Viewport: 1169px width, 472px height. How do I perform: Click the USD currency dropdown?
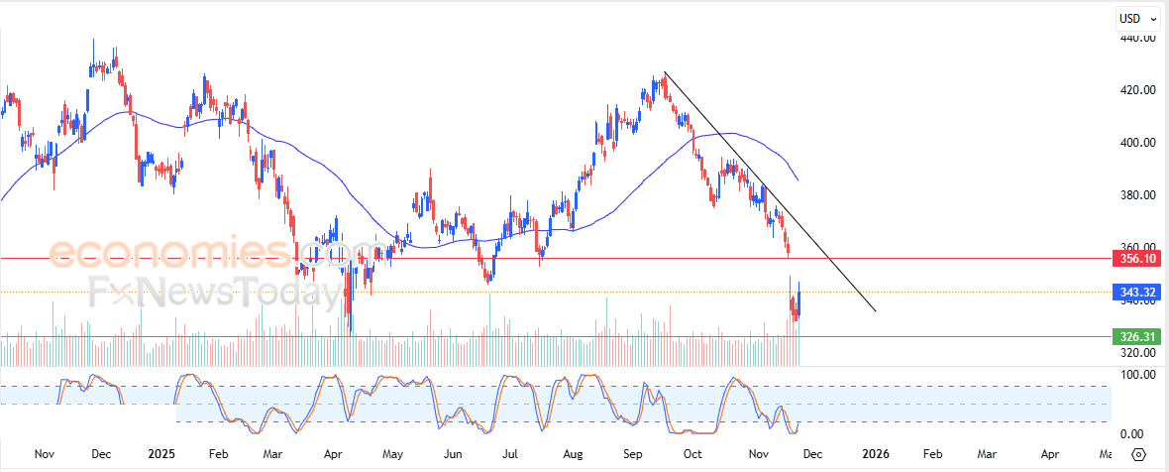1137,18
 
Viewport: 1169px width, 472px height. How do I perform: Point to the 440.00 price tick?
1136,38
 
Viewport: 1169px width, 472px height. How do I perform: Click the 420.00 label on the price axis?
1136,90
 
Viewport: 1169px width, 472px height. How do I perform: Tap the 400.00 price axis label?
1136,143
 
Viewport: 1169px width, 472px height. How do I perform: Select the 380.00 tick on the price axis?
1136,195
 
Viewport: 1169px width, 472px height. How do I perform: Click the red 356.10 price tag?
1137,258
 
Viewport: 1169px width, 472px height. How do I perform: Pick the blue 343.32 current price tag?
1137,292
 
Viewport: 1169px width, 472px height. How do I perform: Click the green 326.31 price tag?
1137,336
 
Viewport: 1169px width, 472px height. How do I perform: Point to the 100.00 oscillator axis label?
1136,375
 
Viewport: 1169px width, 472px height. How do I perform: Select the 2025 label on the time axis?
160,454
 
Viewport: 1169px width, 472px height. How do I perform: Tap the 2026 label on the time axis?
875,454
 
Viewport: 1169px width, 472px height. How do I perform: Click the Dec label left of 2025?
101,454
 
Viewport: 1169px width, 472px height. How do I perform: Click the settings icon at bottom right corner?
1138,454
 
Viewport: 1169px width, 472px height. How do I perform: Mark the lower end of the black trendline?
876,311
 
